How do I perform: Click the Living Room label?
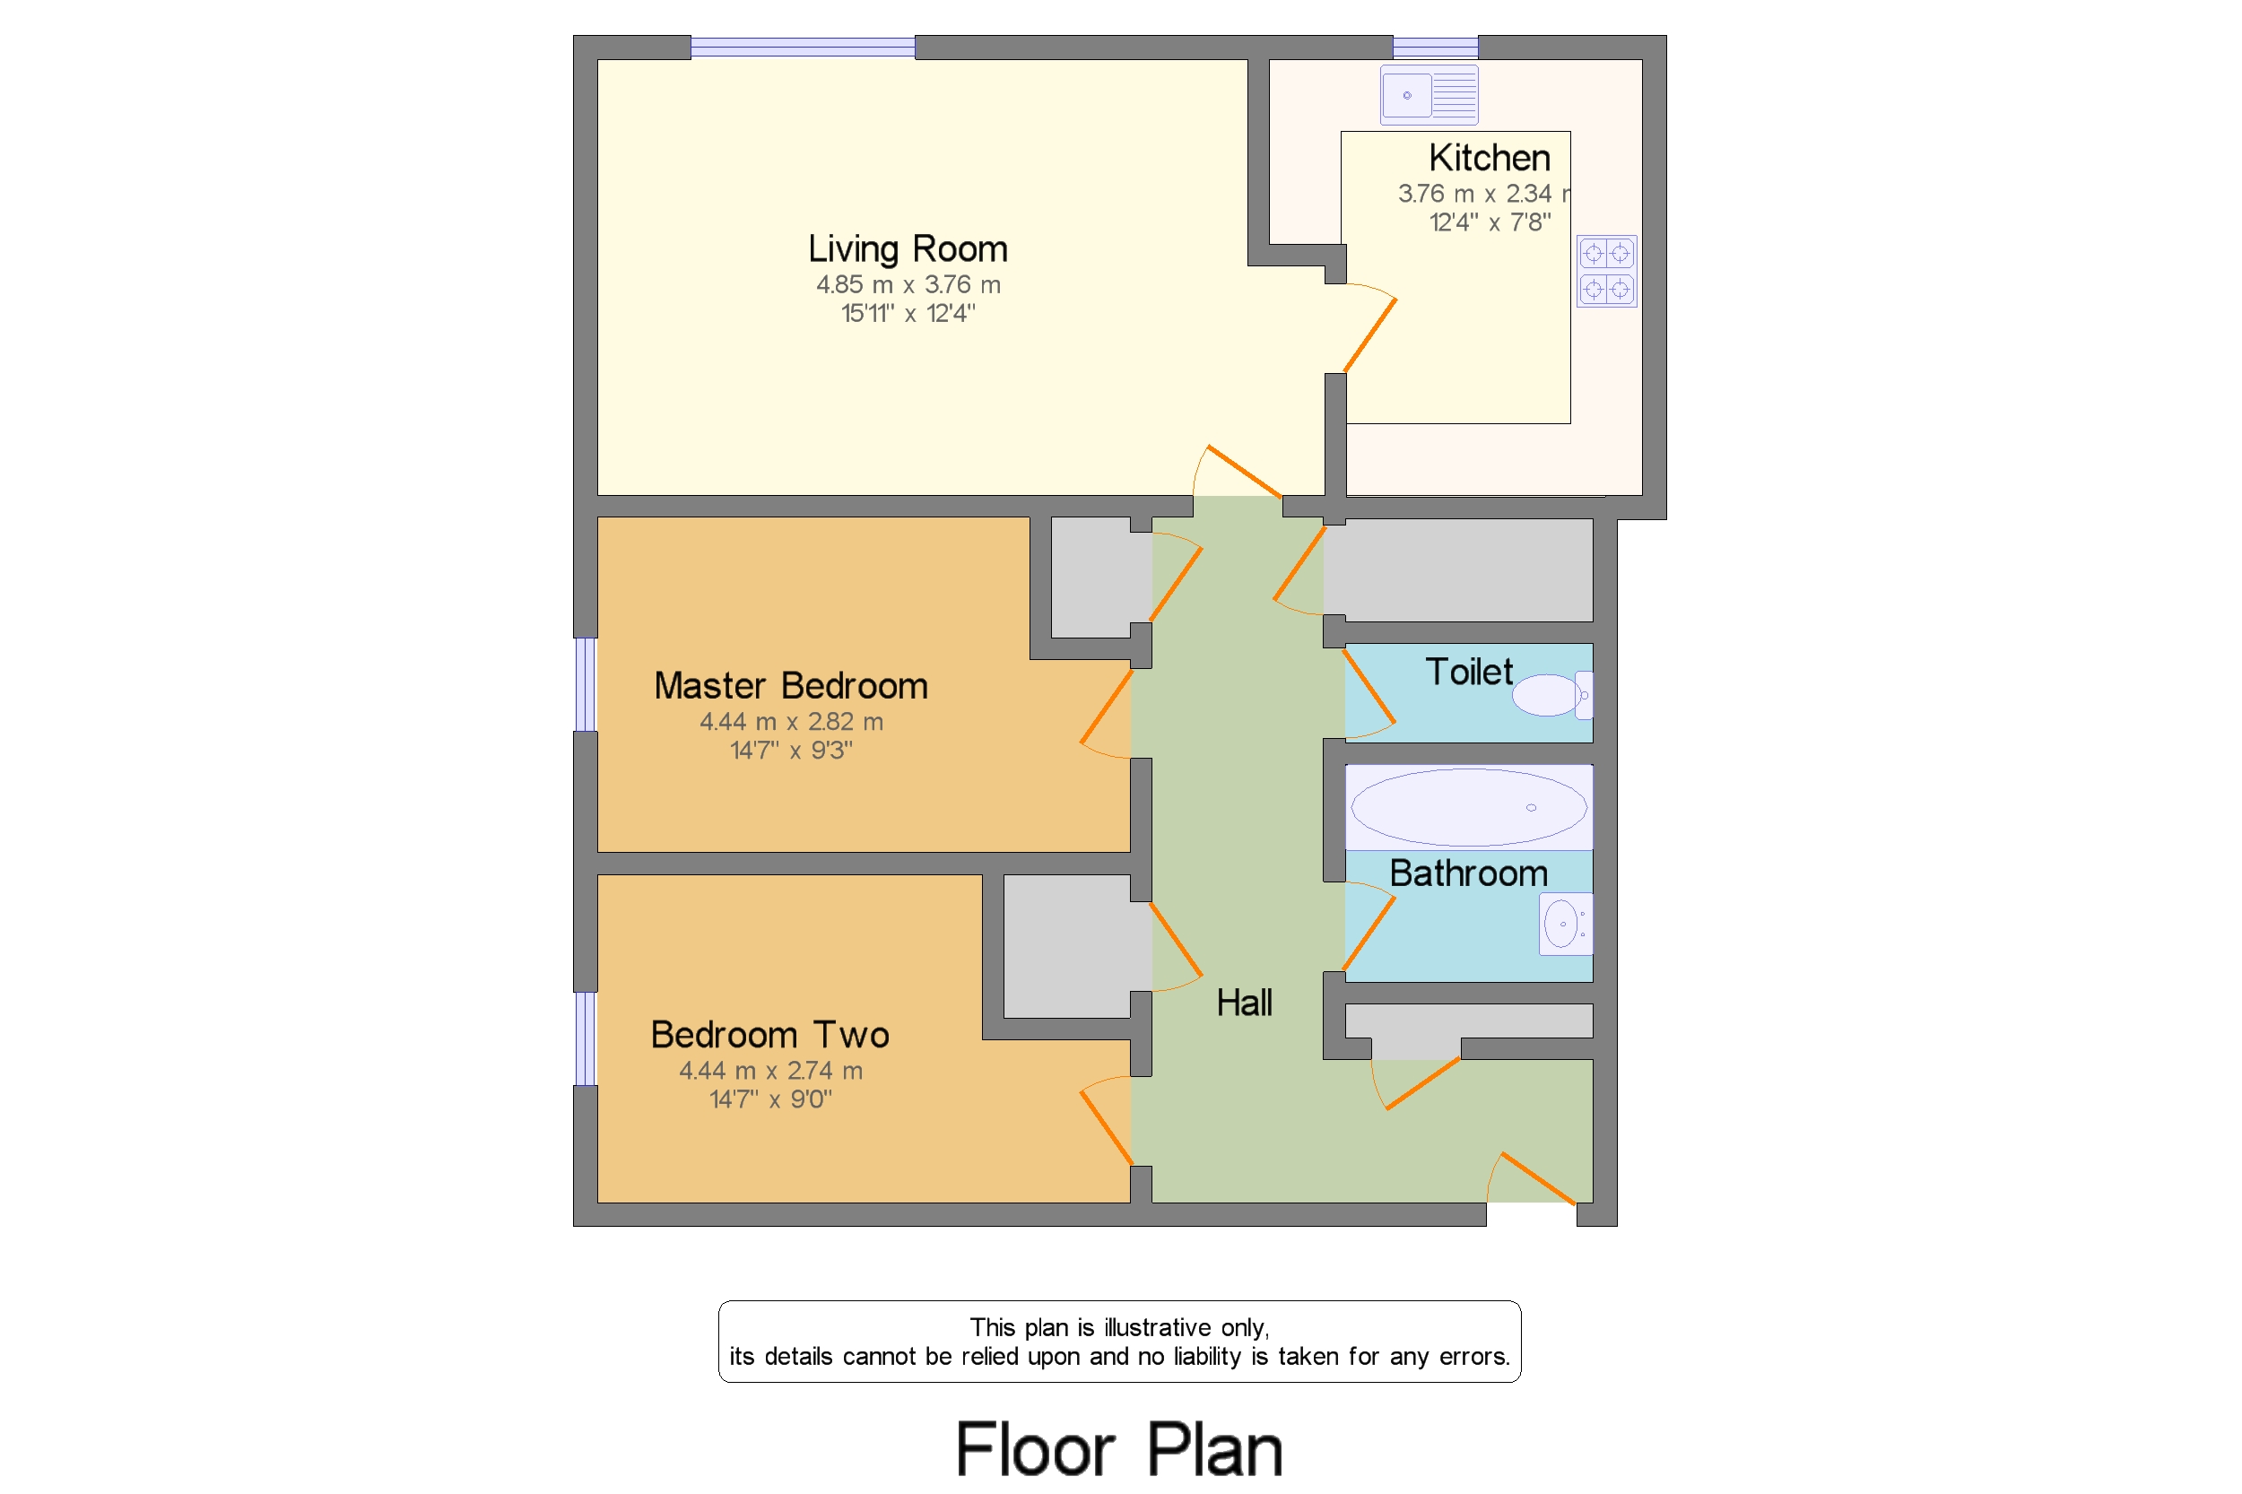click(907, 248)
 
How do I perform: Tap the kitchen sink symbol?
click(1429, 95)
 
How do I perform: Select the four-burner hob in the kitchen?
click(1605, 271)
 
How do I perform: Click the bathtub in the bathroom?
click(1468, 807)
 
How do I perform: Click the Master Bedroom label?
click(790, 686)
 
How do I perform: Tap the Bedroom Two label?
click(769, 1035)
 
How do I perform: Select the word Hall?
click(1244, 1003)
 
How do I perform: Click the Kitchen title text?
click(1489, 157)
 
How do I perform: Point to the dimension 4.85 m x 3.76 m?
click(907, 285)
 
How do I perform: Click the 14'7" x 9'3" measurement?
click(790, 751)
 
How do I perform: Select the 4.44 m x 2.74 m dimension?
click(769, 1071)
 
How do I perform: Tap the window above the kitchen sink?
click(1434, 47)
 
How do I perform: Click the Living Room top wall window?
click(803, 47)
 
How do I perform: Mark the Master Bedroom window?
click(584, 684)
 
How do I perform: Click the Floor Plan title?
click(1118, 1448)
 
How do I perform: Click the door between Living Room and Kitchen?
click(1369, 335)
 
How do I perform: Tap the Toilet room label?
click(1467, 672)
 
